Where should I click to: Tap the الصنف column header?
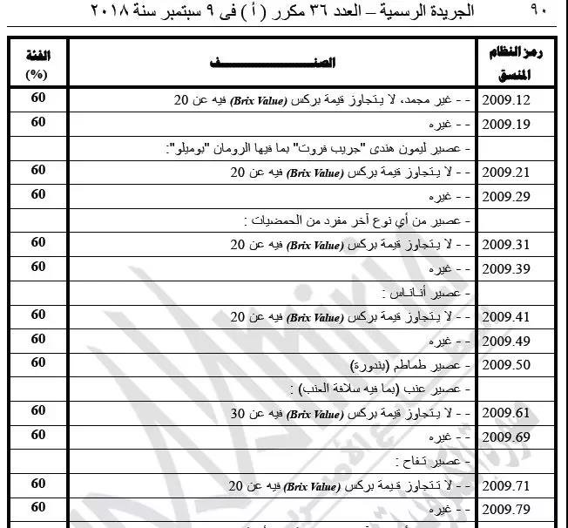[x=273, y=63]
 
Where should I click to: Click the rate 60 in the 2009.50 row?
[x=37, y=362]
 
